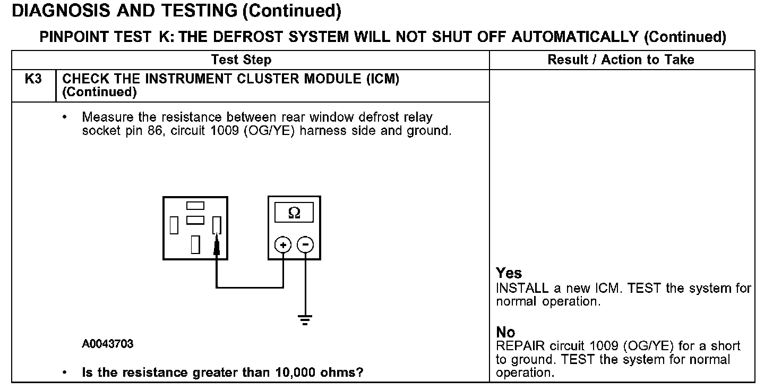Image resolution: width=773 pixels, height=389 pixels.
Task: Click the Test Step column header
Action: click(241, 60)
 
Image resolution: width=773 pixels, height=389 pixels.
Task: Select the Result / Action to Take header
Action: click(621, 60)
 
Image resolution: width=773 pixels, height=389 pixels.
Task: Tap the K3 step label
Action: click(33, 79)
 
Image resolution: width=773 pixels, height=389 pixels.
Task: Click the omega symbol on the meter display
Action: click(294, 213)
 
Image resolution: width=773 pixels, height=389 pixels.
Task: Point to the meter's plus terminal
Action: click(283, 245)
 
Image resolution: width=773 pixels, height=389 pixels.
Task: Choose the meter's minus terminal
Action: click(305, 245)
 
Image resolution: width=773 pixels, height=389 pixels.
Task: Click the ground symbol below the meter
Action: click(305, 319)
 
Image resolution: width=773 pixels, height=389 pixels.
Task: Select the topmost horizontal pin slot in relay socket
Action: click(195, 206)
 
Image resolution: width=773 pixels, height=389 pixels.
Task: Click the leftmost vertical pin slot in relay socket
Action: click(174, 225)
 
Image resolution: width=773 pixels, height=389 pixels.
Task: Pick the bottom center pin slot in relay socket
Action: click(195, 244)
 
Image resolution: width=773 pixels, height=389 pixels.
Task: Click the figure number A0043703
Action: click(108, 344)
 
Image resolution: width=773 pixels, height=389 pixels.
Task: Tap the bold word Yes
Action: click(509, 273)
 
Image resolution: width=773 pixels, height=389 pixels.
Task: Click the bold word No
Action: click(505, 333)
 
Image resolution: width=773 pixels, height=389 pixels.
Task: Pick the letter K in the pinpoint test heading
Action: click(162, 37)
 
